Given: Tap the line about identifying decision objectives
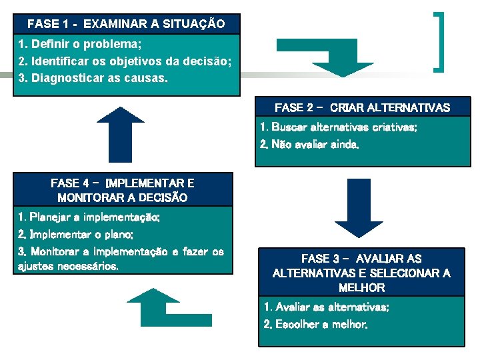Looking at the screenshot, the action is click(125, 61).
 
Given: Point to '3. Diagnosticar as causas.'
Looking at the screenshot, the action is click(94, 78).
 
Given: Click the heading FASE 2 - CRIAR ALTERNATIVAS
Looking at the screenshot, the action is click(362, 107).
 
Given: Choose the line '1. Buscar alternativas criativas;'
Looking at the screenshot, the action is click(339, 127).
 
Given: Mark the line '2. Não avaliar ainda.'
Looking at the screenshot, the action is click(309, 144).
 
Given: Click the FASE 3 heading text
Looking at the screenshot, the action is click(361, 273).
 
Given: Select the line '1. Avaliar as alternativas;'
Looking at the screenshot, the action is click(327, 307).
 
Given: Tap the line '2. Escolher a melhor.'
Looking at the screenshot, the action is click(315, 325).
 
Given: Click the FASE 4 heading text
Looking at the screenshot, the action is click(123, 190).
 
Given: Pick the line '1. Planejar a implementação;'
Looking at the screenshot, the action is click(89, 217).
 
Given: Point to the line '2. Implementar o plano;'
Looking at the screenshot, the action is click(76, 235).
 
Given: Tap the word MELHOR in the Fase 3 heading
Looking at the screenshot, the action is click(361, 288).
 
